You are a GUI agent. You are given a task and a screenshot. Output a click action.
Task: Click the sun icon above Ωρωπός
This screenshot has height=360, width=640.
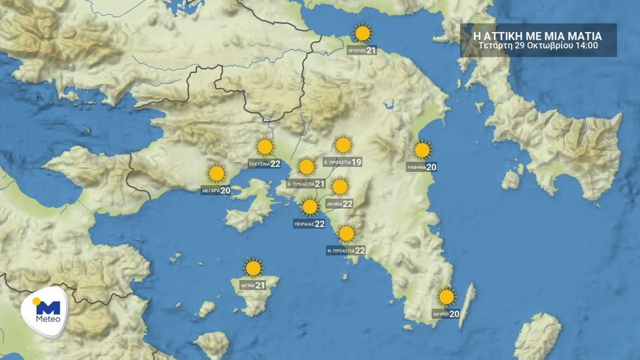[x=363, y=34]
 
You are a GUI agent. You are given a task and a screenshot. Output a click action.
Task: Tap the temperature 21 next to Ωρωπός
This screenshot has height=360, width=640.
[x=371, y=50]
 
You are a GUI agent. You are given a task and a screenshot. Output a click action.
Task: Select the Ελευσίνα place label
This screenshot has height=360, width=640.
[x=259, y=164]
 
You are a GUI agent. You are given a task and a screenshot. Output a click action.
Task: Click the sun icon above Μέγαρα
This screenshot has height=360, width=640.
[x=217, y=174]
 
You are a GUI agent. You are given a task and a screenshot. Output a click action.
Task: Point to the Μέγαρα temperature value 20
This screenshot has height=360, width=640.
[x=225, y=191]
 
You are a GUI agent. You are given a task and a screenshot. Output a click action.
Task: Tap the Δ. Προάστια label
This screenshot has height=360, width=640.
[x=300, y=184]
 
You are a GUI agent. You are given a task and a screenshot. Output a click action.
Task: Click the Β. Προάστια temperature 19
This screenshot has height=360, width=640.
[x=356, y=162]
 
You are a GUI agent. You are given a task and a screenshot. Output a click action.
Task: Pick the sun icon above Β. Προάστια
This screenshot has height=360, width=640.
[x=343, y=145]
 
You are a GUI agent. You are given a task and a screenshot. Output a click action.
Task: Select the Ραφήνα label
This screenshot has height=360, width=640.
[x=416, y=167]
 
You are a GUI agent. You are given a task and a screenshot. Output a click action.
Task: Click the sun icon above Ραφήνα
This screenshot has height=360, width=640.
[x=422, y=150]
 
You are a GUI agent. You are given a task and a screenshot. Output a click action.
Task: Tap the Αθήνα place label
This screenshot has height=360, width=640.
[x=334, y=204]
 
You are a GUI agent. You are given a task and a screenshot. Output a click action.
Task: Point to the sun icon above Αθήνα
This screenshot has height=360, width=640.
[x=340, y=187]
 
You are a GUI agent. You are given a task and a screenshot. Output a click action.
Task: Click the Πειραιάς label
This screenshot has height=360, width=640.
[x=304, y=224]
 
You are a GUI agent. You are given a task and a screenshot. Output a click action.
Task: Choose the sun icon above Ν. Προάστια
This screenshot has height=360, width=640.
[x=346, y=234]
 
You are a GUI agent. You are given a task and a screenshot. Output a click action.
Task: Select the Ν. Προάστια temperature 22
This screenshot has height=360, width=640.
[x=360, y=251]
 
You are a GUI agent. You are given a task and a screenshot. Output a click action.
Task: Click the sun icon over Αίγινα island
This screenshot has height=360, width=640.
[x=253, y=268]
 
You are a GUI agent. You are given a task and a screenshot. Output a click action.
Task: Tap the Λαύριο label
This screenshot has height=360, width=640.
[x=440, y=314]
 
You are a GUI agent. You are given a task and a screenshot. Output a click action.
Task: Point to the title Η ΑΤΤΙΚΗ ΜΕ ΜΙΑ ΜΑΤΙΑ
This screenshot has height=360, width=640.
[x=537, y=36]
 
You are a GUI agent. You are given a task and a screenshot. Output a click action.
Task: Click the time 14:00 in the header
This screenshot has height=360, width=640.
[x=587, y=45]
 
